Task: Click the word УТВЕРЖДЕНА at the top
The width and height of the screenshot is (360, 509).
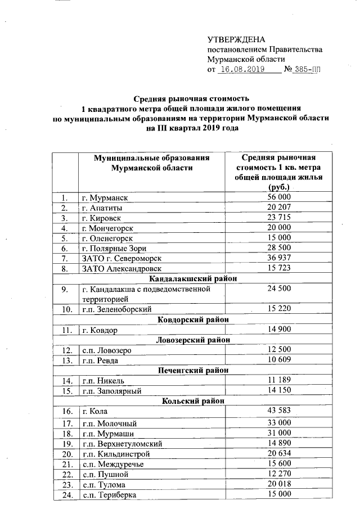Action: [x=236, y=39]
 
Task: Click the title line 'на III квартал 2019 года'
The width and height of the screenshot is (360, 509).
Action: [x=192, y=128]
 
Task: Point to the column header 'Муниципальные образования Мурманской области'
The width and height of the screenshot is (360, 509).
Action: [x=152, y=163]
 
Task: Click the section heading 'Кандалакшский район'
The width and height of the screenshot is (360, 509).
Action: [x=192, y=278]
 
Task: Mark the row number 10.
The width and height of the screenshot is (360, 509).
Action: [x=67, y=309]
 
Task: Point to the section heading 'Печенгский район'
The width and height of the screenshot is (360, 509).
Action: [x=192, y=370]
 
